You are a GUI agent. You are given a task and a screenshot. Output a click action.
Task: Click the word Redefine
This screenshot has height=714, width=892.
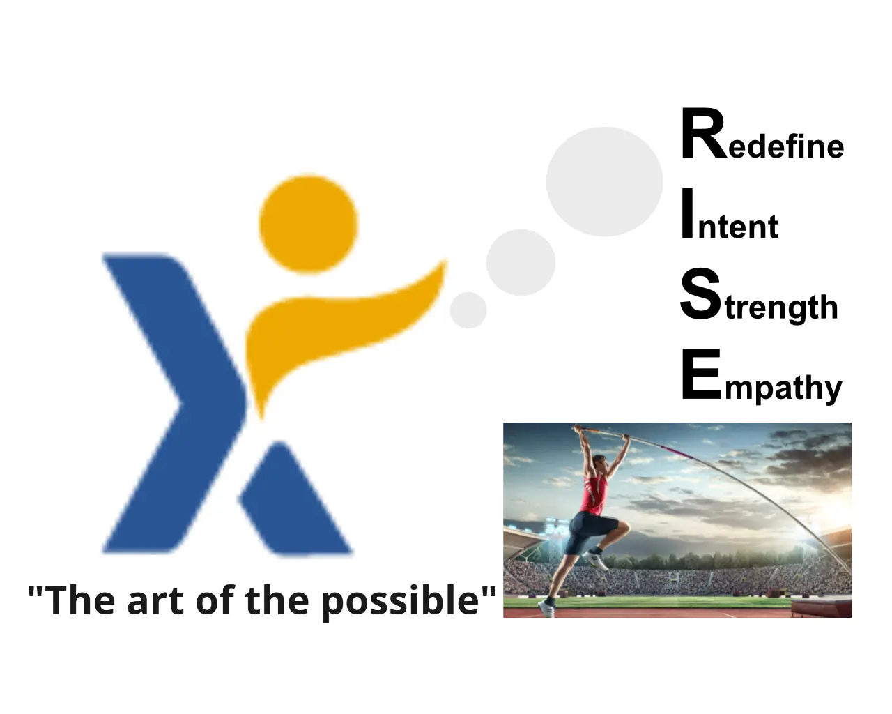(x=762, y=134)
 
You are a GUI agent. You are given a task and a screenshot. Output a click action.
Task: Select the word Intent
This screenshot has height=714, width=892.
(x=730, y=215)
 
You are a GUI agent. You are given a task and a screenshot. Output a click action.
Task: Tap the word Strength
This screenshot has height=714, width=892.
(x=758, y=295)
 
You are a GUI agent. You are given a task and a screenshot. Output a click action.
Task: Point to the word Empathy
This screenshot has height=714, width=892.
(x=762, y=376)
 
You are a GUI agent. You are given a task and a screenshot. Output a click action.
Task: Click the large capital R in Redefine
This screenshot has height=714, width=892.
(x=705, y=134)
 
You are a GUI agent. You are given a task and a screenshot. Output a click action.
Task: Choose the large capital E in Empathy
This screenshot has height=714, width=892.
(x=702, y=374)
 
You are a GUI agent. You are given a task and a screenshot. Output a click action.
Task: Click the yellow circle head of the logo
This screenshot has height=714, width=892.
(x=309, y=225)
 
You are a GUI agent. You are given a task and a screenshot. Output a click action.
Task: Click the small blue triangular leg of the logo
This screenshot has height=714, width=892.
(x=295, y=502)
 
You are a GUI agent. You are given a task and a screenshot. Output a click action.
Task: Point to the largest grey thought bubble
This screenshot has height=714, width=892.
(x=604, y=182)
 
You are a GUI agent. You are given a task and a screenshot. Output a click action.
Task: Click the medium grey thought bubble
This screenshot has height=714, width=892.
(x=521, y=262)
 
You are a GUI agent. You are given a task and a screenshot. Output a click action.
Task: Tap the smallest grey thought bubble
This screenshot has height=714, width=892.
(x=468, y=310)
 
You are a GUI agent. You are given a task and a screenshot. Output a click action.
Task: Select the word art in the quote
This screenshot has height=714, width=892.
(x=155, y=602)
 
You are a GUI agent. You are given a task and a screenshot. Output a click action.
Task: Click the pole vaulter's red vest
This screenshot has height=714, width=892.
(x=594, y=494)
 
